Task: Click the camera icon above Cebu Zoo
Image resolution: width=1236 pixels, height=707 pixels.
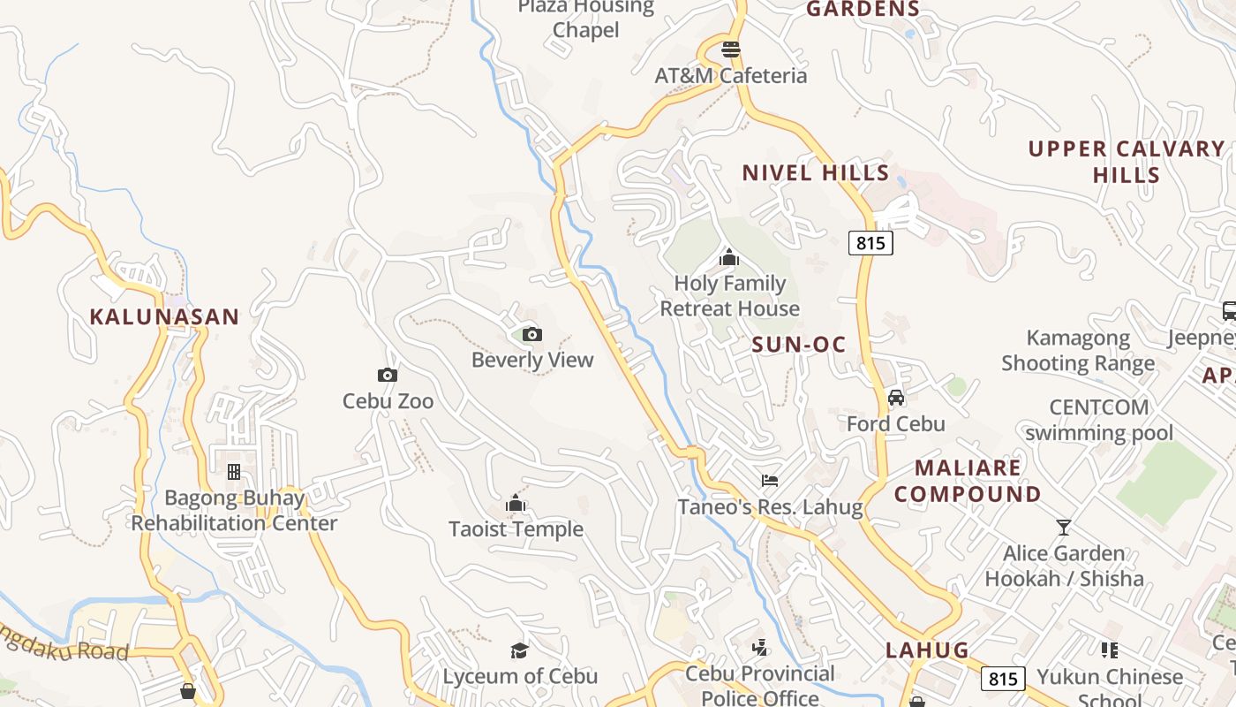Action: (x=387, y=376)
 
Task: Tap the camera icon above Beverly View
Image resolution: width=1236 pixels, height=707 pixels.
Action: (x=531, y=334)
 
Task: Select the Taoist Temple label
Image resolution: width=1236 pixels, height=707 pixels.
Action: (x=516, y=528)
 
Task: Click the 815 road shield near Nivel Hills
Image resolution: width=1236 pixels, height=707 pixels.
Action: (x=870, y=242)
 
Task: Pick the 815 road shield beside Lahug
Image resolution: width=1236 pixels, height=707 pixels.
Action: (x=1002, y=679)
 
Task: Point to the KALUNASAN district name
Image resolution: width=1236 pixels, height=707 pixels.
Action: (x=164, y=316)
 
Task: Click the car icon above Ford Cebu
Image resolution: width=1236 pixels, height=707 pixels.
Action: (x=896, y=398)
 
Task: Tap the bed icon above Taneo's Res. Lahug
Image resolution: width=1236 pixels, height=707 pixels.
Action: (x=770, y=481)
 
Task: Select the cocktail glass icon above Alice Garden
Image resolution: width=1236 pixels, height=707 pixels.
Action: (x=1064, y=528)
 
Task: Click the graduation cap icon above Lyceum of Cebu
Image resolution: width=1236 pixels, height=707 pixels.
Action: (x=519, y=651)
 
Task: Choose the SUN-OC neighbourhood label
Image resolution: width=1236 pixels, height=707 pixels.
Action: (x=799, y=345)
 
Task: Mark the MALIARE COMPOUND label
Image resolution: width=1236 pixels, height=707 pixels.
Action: (x=968, y=481)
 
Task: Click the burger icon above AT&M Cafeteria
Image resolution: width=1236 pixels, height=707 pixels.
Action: (x=730, y=49)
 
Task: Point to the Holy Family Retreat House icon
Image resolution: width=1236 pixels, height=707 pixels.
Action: (x=729, y=258)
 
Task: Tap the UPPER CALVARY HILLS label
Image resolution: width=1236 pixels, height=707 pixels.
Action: (x=1126, y=161)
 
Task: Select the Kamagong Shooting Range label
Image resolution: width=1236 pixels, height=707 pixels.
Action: (x=1078, y=350)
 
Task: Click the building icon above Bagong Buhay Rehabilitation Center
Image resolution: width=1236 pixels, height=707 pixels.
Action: (x=234, y=472)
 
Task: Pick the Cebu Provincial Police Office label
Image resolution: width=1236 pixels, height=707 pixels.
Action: (x=760, y=686)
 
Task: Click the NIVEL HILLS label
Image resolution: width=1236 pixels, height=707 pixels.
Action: (x=815, y=172)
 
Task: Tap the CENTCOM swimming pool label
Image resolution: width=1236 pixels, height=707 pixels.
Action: (x=1099, y=420)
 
